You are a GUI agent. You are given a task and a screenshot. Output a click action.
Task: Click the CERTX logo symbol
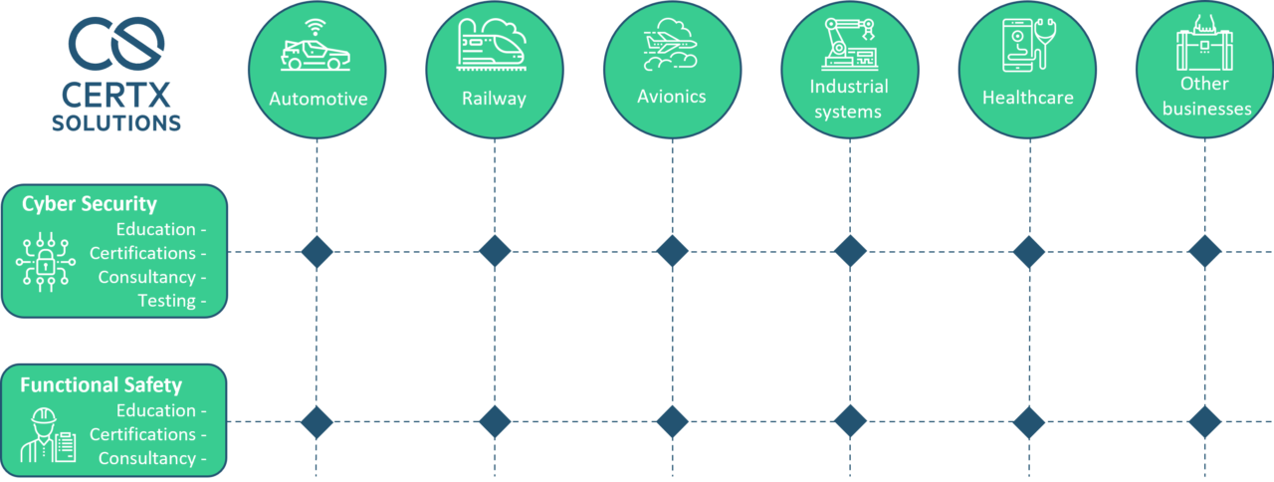coord(116,44)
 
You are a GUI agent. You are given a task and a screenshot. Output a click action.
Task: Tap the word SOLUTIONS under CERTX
coord(116,123)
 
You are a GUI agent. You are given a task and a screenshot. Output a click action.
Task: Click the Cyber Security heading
coord(90,204)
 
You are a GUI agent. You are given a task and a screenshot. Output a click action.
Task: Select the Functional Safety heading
coord(102,384)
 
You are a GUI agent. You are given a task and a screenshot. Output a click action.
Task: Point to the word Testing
coord(166,301)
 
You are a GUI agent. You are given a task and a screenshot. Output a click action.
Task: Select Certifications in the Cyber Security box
coord(142,253)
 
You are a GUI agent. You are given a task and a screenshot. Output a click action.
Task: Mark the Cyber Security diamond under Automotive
coord(317,252)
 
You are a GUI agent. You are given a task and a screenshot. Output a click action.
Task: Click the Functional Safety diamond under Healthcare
coord(1027,422)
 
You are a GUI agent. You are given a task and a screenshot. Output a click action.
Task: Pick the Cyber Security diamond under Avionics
coord(672,252)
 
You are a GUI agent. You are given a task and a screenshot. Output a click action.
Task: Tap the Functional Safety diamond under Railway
coord(495,422)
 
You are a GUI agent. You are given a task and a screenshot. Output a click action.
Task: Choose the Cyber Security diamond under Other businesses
coord(1204,252)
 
